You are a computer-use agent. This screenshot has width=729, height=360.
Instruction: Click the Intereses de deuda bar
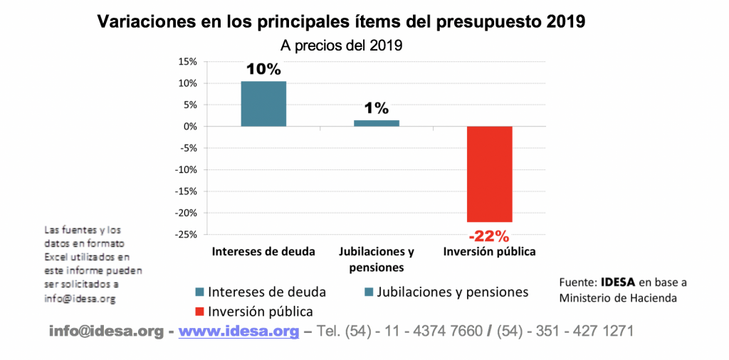[x=263, y=104]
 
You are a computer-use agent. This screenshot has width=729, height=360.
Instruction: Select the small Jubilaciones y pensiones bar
[x=377, y=123]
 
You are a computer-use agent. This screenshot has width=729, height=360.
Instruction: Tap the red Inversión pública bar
[x=489, y=174]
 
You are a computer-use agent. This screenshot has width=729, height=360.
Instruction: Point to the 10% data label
[x=263, y=69]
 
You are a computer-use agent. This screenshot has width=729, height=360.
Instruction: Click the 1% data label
[x=377, y=108]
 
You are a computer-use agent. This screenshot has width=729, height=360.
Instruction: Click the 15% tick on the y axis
[x=188, y=62]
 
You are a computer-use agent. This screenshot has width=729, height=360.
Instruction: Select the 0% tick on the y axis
[x=190, y=127]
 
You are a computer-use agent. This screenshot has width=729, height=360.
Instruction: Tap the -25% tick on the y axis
[x=187, y=235]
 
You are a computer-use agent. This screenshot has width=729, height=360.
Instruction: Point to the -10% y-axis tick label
[x=187, y=170]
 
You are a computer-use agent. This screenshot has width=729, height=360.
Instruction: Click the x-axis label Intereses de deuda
[x=263, y=253]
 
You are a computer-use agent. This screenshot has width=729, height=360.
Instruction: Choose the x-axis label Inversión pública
[x=489, y=253]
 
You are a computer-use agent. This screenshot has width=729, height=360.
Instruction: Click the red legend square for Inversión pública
[x=199, y=312]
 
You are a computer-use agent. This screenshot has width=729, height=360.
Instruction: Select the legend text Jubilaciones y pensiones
[x=453, y=292]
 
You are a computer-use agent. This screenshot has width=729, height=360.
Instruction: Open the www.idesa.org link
[x=238, y=332]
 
